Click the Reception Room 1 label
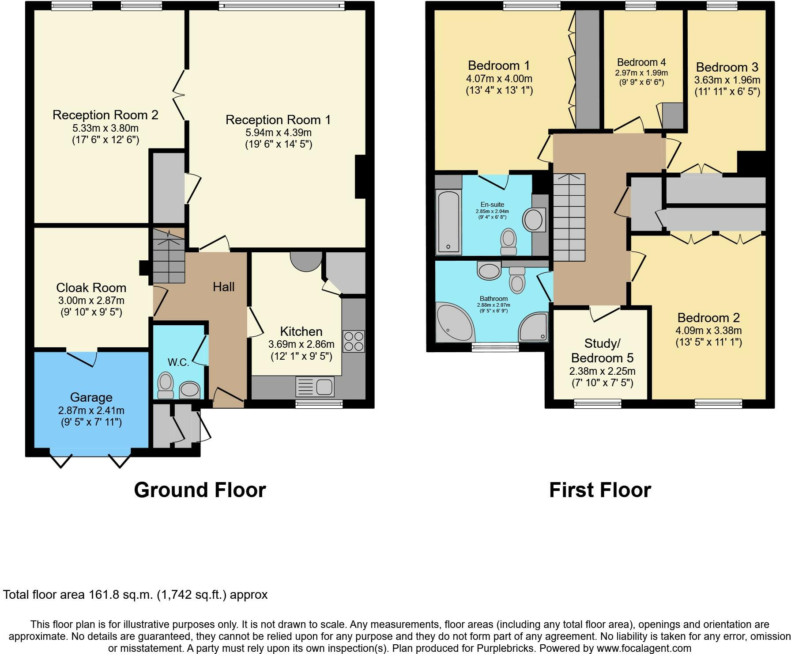click(x=278, y=120)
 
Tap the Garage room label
click(x=91, y=397)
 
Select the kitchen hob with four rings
click(x=354, y=341)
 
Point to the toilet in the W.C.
click(x=166, y=386)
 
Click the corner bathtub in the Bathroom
click(x=455, y=323)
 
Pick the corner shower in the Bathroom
click(x=534, y=327)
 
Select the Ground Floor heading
click(x=200, y=490)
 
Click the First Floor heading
click(x=600, y=490)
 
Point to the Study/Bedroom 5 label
click(x=603, y=350)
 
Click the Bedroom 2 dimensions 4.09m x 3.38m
click(x=708, y=331)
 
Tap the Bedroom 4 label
click(x=641, y=62)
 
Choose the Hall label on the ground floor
click(x=224, y=287)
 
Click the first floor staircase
click(x=569, y=217)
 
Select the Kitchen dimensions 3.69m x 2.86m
click(x=301, y=344)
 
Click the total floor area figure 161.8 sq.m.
click(x=121, y=595)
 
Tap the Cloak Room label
click(x=91, y=288)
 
